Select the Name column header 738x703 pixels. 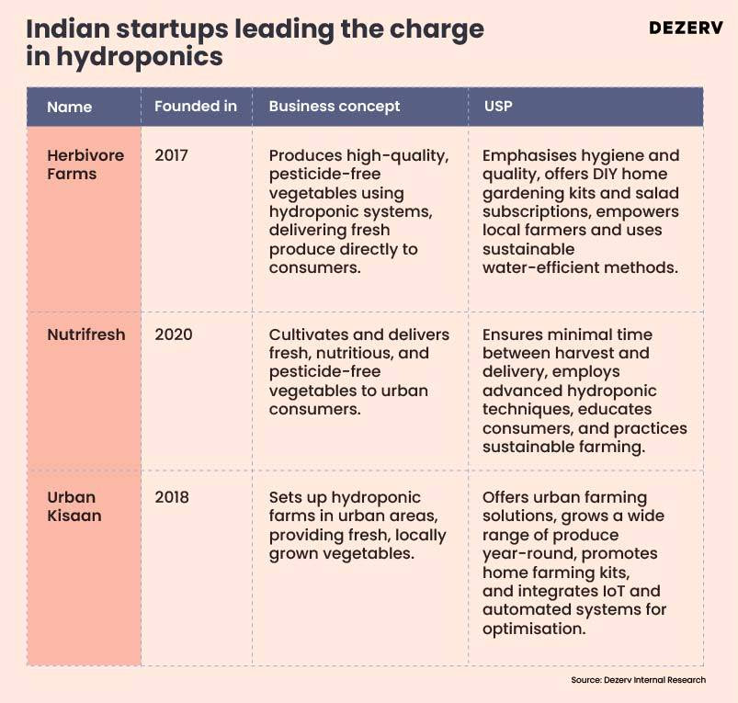coord(70,107)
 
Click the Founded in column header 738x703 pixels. coord(195,107)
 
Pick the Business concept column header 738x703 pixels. coord(334,107)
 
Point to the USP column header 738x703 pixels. coord(498,107)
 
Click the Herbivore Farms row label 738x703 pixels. coord(85,164)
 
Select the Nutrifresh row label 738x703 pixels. coord(85,334)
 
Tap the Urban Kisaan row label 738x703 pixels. coord(74,506)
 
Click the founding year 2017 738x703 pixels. coord(171,155)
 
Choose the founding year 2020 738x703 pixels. coord(173,334)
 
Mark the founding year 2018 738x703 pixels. coord(171,497)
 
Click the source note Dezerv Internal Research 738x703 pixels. coord(638,680)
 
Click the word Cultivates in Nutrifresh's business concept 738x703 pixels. coord(310,334)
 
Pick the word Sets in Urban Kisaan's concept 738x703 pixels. coord(285,497)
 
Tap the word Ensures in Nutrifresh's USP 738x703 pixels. coord(513,334)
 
